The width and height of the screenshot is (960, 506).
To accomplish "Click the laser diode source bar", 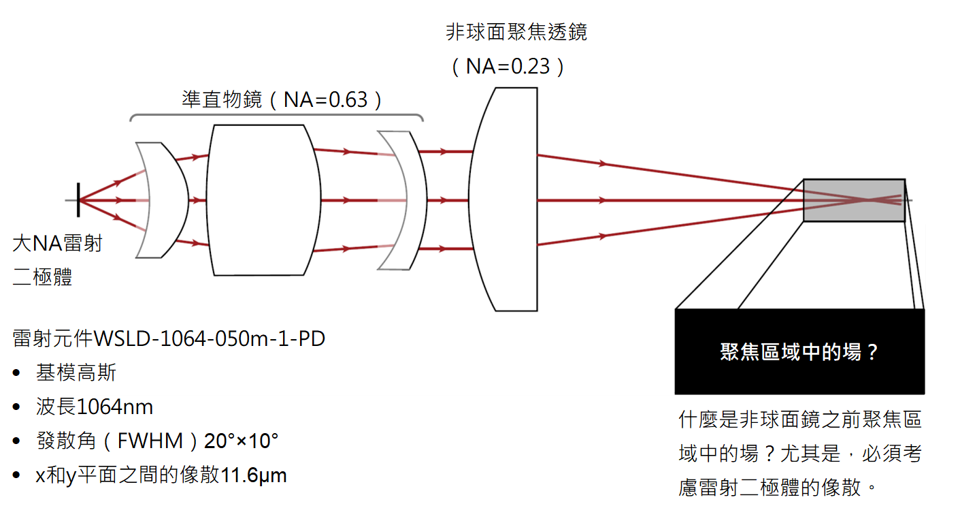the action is (78, 200).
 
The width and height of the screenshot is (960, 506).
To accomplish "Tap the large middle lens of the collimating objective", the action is (263, 200).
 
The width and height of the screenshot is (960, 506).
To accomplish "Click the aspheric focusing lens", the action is (503, 200).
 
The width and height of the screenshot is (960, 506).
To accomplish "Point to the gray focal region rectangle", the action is (854, 200).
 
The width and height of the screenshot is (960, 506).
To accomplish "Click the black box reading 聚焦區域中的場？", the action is (799, 351).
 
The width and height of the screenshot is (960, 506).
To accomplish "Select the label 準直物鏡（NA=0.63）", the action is (282, 99).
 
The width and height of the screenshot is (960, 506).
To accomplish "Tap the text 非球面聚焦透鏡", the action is (516, 32).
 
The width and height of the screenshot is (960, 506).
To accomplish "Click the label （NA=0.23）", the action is (508, 67).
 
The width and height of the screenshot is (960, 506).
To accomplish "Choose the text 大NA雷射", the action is (57, 243).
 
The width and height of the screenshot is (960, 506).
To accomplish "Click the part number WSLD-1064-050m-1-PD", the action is (210, 338).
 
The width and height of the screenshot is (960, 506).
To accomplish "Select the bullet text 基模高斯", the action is (76, 373).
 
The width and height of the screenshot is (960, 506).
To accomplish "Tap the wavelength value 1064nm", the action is (114, 407).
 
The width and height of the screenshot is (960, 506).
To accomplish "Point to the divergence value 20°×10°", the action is (242, 441).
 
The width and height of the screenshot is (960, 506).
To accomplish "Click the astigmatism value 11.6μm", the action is (253, 475).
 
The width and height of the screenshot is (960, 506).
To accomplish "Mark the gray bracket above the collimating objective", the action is (277, 117).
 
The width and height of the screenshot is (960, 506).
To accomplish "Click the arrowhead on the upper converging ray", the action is (603, 163).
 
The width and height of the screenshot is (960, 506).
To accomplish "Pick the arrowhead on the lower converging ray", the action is (603, 236).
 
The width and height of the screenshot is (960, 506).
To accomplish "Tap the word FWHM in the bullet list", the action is (150, 441).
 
